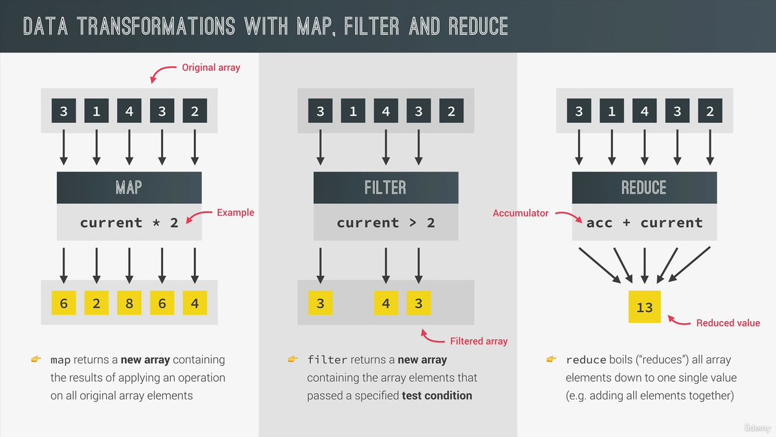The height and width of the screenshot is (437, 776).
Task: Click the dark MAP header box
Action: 129,188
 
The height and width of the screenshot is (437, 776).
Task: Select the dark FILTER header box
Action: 385,188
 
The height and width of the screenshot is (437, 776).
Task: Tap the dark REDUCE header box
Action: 644,188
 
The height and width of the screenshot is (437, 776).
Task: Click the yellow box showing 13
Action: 645,307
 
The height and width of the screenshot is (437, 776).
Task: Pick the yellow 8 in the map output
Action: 129,302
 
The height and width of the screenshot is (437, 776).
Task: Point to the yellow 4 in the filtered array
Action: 385,302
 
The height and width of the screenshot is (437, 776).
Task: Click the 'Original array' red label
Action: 211,67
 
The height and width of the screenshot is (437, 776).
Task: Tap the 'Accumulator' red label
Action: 520,213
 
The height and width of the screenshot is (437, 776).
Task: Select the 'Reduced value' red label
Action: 727,323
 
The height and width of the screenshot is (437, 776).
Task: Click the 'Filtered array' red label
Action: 479,341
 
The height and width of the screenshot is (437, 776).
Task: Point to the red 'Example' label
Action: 235,212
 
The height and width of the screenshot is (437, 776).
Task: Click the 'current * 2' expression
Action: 129,223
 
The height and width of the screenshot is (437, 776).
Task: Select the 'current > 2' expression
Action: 385,223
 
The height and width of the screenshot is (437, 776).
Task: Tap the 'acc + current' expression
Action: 644,223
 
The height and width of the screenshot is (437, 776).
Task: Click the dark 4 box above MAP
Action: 129,111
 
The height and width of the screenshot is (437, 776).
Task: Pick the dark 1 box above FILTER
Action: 353,111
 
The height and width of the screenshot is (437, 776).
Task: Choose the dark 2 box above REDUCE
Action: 710,111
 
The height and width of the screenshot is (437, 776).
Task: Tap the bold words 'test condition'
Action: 437,395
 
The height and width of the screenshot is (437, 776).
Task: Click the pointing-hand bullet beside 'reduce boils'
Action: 552,359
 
